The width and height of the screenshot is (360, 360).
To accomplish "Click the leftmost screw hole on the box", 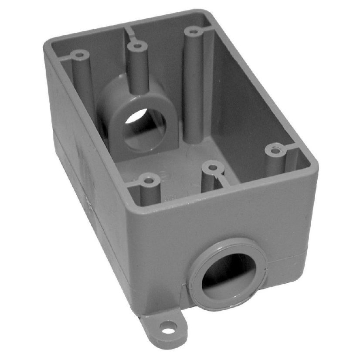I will pyautogui.click(x=79, y=55).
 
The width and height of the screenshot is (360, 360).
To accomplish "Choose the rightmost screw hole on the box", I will pyautogui.click(x=274, y=150).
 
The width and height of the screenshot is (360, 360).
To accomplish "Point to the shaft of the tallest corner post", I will pyautogui.click(x=192, y=87).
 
